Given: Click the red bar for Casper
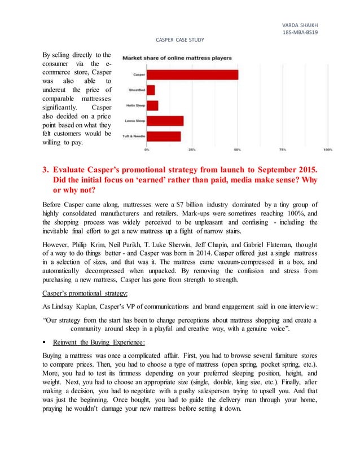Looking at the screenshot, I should [x=192, y=74].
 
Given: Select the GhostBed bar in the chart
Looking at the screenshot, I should [x=151, y=90].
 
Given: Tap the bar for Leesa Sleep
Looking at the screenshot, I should [x=165, y=121].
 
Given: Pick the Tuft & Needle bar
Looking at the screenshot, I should [x=164, y=136].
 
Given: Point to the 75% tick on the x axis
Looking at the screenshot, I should [x=283, y=150].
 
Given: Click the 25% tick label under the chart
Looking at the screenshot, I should [x=192, y=150].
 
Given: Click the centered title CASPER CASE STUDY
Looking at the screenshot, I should [x=179, y=39].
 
